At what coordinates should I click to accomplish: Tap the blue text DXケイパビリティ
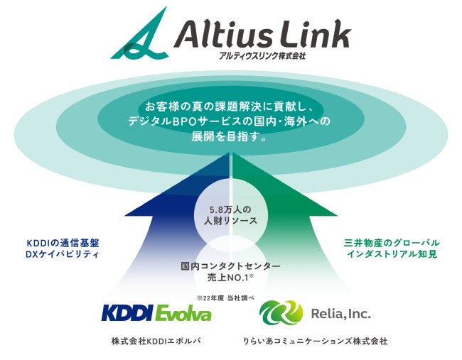point(61,254)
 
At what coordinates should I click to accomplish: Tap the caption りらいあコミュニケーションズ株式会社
point(315,342)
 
